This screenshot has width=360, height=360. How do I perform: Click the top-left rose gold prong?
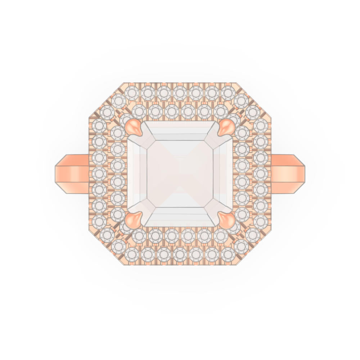point(133,127)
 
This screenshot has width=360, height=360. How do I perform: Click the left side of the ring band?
point(72,174)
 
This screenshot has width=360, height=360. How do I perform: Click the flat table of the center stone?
point(180,174)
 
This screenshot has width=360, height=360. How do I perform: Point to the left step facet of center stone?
point(137,174)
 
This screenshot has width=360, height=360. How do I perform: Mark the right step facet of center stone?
point(223,174)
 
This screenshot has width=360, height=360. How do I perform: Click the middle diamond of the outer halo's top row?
point(180,93)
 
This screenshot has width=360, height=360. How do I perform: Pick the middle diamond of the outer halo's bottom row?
point(180,255)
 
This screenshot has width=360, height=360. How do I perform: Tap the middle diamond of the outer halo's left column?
point(99,174)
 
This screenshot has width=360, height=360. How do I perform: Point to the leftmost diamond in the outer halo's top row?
point(132,93)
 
